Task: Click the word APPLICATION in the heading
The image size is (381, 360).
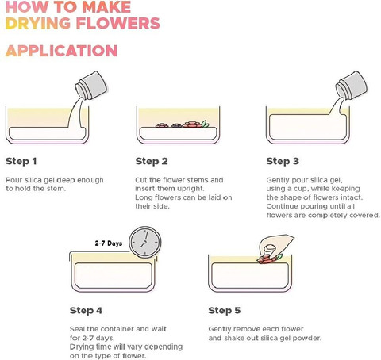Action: [61, 51]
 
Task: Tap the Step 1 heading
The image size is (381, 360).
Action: [21, 161]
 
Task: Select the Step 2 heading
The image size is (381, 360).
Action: [152, 161]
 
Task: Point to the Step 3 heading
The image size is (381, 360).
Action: [283, 161]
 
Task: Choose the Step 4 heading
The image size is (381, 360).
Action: [86, 310]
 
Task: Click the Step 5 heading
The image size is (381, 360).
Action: [225, 310]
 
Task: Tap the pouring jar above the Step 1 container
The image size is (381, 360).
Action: [91, 85]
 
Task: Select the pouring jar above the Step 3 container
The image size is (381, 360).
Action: [352, 85]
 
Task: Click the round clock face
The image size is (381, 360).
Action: [145, 242]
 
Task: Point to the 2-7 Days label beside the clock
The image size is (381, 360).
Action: [109, 243]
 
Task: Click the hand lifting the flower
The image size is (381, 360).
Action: [275, 245]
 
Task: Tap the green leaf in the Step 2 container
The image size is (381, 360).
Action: [205, 124]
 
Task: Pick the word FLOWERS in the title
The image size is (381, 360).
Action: [118, 23]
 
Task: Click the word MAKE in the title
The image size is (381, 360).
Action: [106, 6]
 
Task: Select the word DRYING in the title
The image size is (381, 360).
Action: [38, 23]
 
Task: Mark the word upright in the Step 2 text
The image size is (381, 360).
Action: [190, 189]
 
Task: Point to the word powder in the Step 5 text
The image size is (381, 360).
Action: [306, 338]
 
